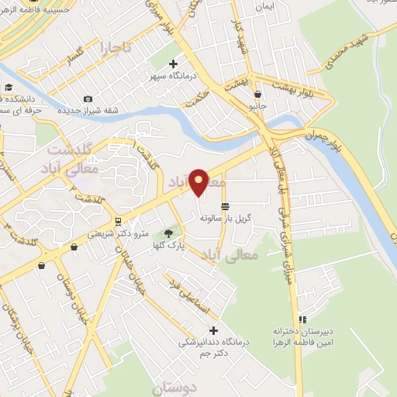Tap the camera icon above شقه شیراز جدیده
click(88, 98)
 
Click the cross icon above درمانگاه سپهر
click(172, 64)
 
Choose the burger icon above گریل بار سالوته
click(225, 205)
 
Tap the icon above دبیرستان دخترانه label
click(302, 319)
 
